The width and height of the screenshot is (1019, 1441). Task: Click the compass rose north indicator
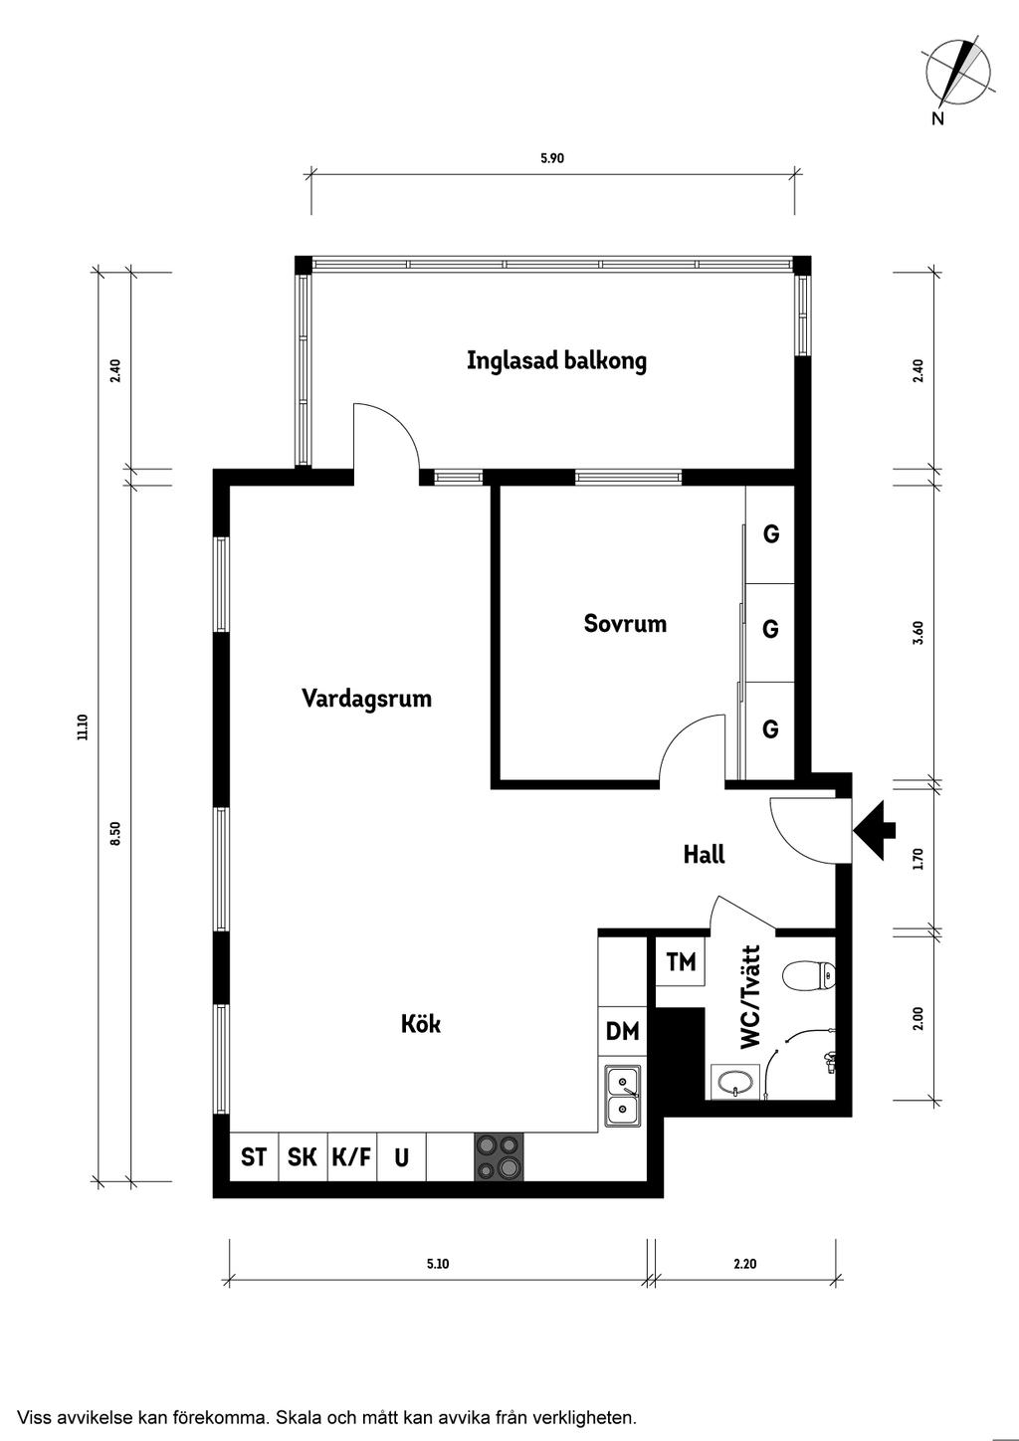957,74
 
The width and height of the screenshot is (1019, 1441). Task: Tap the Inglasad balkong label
556,360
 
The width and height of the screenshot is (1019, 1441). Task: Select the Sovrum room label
625,624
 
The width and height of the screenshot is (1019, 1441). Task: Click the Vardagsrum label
366,699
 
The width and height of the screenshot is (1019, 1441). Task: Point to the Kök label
420,1024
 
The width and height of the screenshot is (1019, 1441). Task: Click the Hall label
704,854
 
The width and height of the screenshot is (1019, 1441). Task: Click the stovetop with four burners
499,1157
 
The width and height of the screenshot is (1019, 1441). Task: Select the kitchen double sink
623,1095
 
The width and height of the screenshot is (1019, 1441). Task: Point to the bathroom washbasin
735,1082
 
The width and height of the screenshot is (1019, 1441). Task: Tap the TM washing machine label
681,962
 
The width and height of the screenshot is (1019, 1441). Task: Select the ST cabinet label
254,1157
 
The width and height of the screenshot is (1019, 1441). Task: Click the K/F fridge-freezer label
351,1157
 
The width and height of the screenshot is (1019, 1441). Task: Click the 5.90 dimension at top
552,157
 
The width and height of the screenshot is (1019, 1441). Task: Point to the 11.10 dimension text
83,727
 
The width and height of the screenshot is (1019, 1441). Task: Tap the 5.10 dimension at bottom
438,1265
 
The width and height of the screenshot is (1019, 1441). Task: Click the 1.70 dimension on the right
918,858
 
